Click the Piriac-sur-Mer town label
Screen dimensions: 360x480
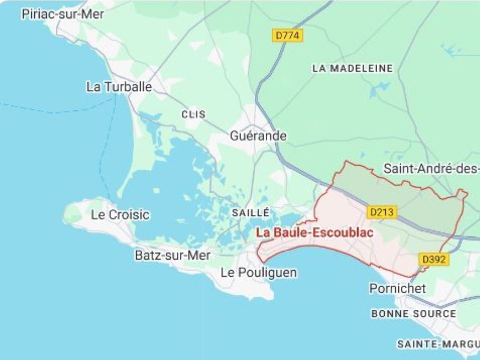point(63,14)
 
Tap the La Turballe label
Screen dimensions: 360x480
point(119,87)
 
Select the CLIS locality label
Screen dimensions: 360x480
point(193,115)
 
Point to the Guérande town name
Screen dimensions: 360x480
point(258,136)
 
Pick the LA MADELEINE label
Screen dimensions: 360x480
point(353,69)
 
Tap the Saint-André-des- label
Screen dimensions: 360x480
point(431,169)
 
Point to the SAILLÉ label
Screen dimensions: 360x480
point(251,213)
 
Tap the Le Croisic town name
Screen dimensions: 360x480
point(120,215)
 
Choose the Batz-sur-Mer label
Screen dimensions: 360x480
point(172,255)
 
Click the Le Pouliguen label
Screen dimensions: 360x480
point(258,273)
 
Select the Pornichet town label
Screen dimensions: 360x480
point(398,289)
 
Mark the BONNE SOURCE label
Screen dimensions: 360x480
point(414,314)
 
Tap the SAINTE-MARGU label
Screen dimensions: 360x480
point(438,344)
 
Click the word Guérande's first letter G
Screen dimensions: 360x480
point(235,136)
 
